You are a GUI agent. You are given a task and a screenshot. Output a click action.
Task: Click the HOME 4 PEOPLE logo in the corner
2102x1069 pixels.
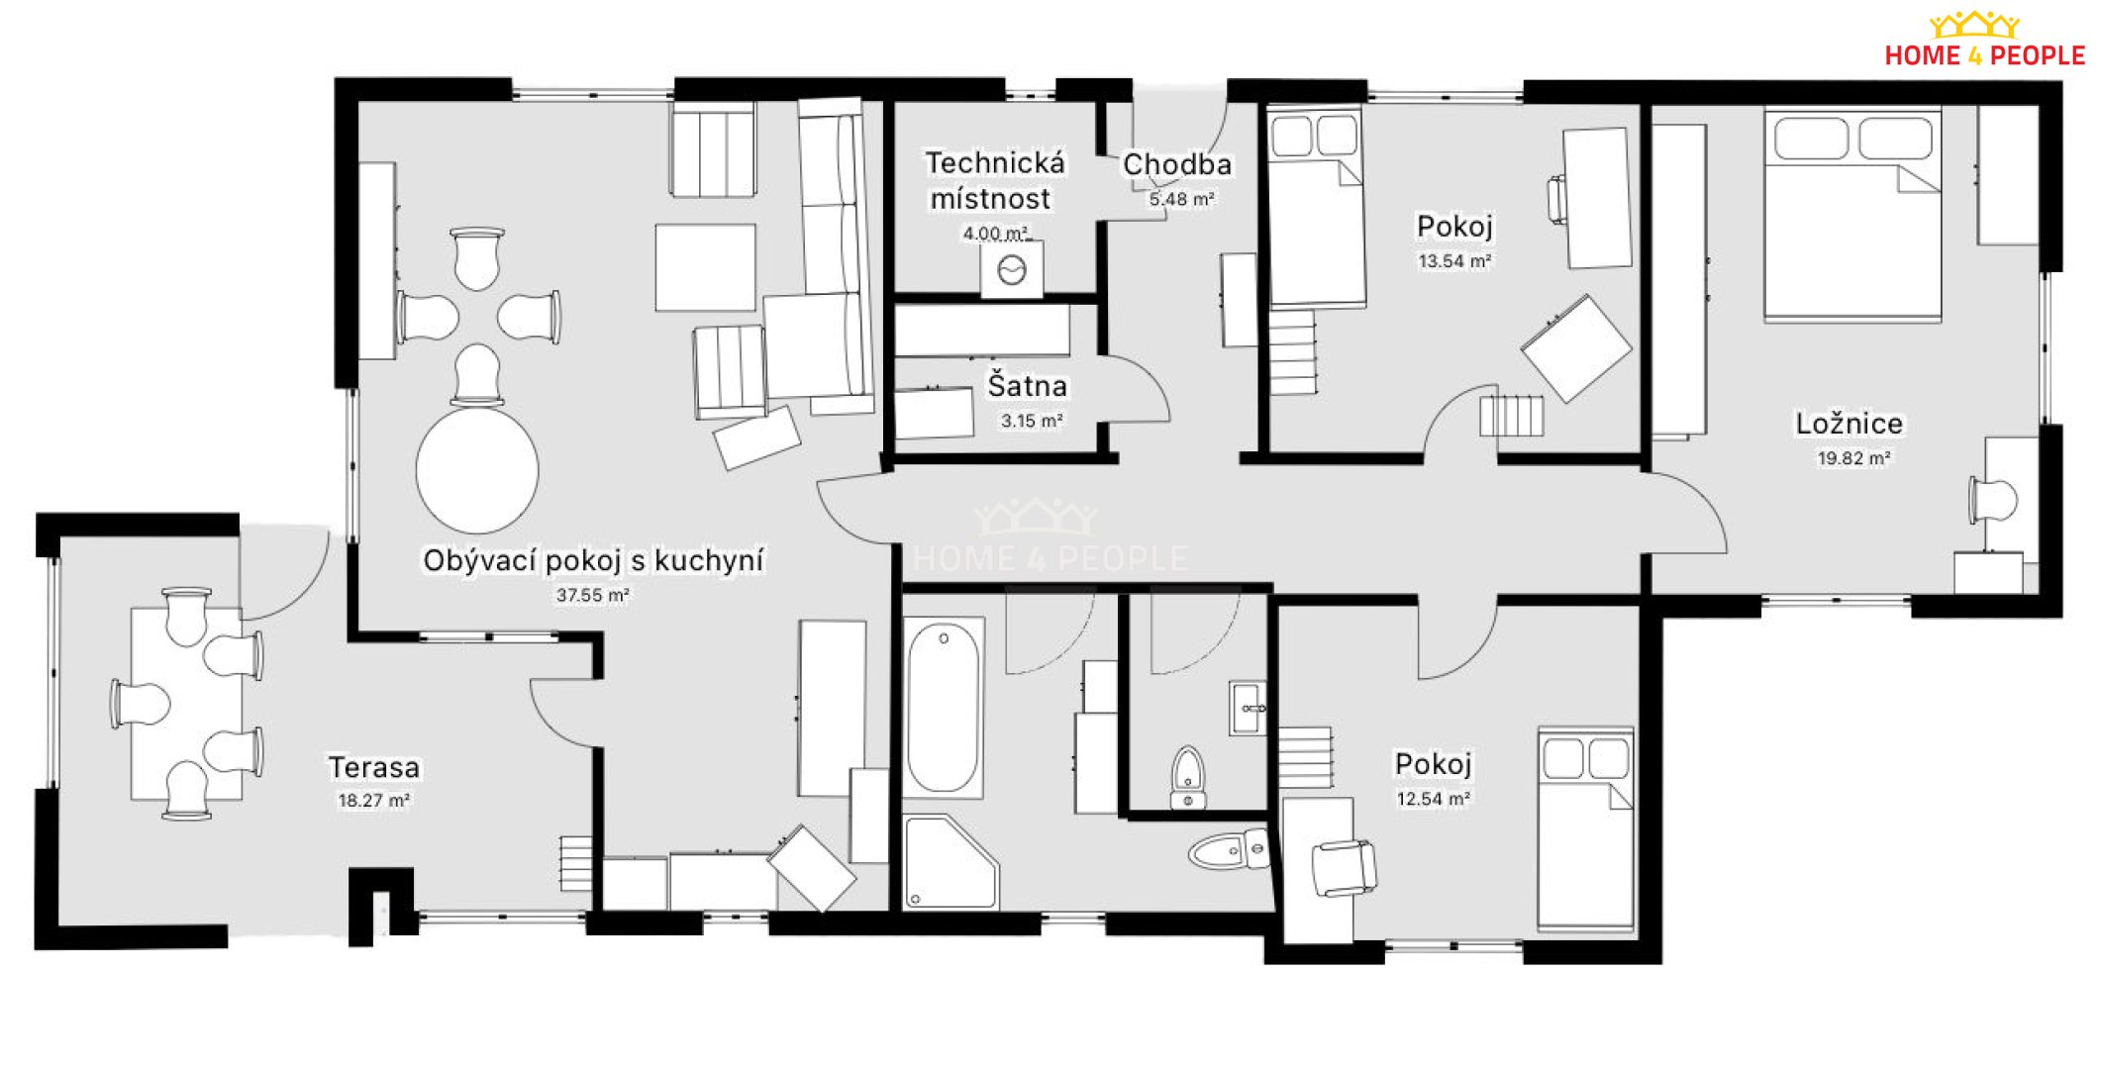click(x=1983, y=40)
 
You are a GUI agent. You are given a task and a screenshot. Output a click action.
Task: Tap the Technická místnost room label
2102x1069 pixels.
click(x=994, y=180)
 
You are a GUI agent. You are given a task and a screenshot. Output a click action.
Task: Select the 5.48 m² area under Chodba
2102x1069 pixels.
click(x=1180, y=199)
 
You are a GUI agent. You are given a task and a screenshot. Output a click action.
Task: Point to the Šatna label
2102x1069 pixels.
click(x=1027, y=385)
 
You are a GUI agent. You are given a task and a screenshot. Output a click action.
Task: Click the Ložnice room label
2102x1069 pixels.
click(x=1849, y=424)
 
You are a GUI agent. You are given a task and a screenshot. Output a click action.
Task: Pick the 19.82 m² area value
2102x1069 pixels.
click(x=1853, y=458)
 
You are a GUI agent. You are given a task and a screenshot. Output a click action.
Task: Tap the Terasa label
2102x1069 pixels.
click(x=373, y=767)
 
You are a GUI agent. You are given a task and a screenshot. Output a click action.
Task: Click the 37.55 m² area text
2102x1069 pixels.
click(x=592, y=595)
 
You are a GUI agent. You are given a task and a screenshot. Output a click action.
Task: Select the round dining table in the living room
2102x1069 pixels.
click(x=477, y=471)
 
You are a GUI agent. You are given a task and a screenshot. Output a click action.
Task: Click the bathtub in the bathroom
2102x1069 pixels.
click(x=943, y=707)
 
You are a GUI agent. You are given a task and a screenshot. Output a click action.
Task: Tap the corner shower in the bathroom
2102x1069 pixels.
click(x=950, y=860)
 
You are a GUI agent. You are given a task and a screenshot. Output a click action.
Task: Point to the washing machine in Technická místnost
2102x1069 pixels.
click(x=1012, y=269)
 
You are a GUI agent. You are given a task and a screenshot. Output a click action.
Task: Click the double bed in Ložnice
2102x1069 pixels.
click(x=1852, y=214)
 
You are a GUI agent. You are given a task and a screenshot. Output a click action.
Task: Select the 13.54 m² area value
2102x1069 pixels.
click(x=1454, y=261)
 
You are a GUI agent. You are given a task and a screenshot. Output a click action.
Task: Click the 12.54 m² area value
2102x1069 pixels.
click(x=1433, y=799)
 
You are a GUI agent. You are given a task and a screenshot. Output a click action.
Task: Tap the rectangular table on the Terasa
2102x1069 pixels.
click(x=186, y=704)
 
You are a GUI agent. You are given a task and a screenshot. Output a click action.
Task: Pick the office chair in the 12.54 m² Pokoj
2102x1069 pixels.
click(x=1344, y=868)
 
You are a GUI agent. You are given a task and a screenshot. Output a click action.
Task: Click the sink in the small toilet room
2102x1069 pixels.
click(x=1249, y=707)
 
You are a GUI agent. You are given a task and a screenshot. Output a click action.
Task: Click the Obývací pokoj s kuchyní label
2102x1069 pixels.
click(x=593, y=561)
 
